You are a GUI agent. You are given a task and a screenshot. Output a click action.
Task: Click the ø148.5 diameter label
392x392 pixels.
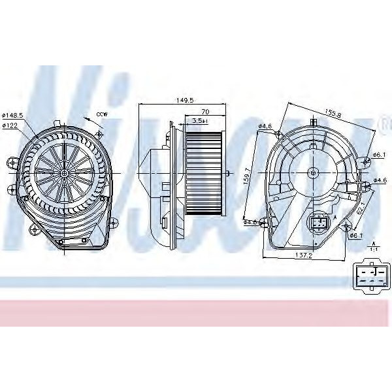13,116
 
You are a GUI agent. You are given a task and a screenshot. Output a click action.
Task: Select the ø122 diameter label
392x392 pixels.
10,125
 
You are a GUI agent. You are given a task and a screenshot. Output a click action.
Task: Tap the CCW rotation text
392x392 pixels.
101,116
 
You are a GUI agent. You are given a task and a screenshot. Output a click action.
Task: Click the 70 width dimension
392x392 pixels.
204,112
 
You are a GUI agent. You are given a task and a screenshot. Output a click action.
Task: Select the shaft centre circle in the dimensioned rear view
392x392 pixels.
313,173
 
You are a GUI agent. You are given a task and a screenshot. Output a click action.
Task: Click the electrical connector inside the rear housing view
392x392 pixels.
320,223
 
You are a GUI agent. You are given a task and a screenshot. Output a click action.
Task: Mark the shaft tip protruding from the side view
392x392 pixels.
229,174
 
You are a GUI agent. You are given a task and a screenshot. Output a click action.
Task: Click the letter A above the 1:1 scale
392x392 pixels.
374,241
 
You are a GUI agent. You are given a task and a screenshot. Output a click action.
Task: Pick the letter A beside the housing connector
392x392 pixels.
335,218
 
